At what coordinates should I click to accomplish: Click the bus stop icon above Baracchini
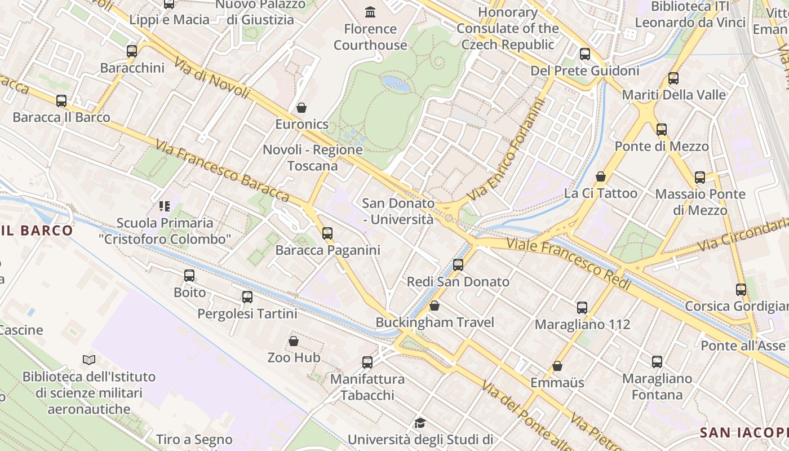click(x=132, y=51)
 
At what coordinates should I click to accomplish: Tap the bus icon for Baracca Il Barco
click(x=61, y=101)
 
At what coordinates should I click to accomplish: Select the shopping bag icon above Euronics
click(x=302, y=108)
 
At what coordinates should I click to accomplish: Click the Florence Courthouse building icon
click(x=370, y=12)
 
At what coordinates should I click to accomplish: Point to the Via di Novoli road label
click(x=212, y=78)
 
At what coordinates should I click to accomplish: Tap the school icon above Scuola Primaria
click(x=165, y=206)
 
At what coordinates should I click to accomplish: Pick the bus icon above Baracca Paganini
click(x=327, y=233)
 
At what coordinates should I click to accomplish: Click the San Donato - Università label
click(x=398, y=211)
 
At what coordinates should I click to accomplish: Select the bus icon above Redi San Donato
click(x=458, y=264)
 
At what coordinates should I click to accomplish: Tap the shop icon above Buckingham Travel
click(x=435, y=306)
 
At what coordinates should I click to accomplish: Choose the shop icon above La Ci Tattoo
click(x=601, y=177)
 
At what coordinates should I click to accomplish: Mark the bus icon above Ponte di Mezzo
click(x=662, y=130)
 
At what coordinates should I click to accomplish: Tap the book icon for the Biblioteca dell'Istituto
click(x=89, y=360)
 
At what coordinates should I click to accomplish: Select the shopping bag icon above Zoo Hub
click(x=294, y=341)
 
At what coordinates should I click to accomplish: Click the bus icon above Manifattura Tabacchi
click(x=367, y=362)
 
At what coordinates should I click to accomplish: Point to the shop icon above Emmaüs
click(x=557, y=366)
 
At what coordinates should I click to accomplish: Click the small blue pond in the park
click(x=396, y=83)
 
